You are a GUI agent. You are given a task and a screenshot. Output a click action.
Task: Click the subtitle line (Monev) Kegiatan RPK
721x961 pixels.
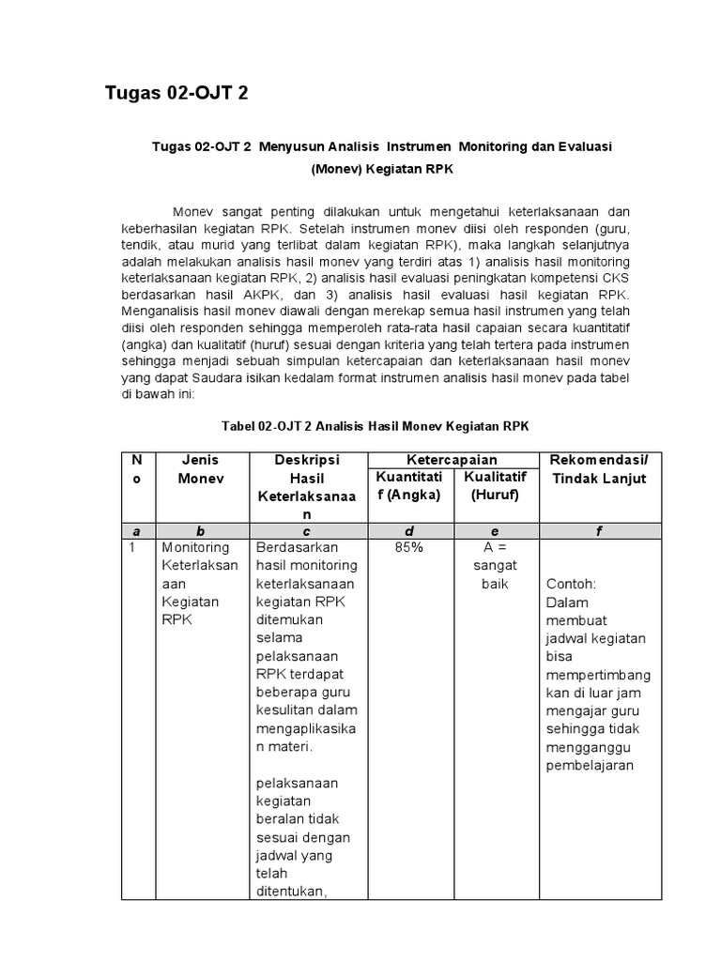375,171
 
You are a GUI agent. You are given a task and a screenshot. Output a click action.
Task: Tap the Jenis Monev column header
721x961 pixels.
201,469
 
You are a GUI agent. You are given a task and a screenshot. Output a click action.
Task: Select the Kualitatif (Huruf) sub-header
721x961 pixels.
495,486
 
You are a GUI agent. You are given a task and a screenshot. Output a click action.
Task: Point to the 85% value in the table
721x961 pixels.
408,547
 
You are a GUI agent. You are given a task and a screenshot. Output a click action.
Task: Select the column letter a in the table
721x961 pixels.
137,531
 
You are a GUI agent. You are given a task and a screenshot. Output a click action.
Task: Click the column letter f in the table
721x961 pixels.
599,531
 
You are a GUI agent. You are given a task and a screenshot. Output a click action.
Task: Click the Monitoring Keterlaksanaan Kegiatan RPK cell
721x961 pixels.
200,583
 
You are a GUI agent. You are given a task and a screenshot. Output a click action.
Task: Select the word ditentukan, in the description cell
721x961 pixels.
291,892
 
